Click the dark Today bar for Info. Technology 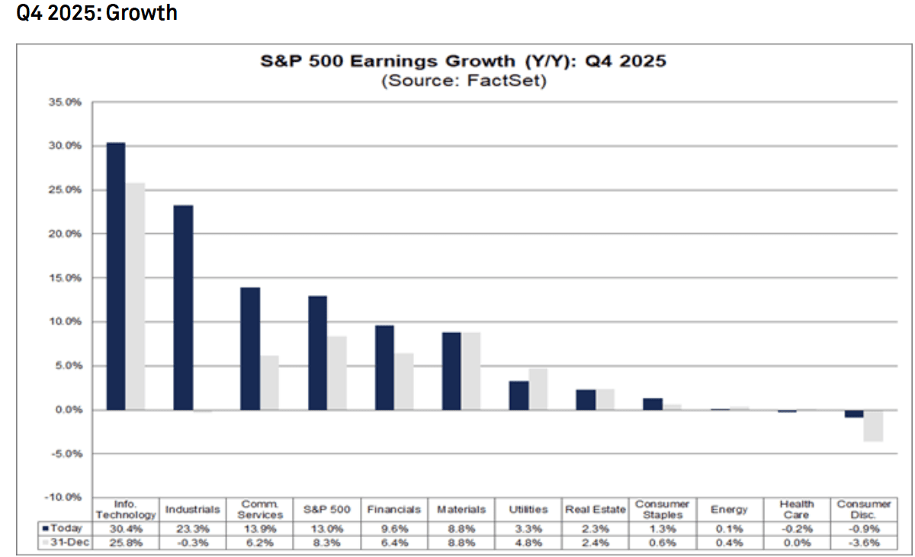click(116, 276)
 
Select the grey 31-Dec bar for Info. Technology click(135, 296)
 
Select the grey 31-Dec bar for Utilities click(538, 389)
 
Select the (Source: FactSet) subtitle click(464, 81)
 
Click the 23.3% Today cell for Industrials click(193, 527)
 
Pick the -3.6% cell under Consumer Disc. click(864, 543)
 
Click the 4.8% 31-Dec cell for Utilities click(528, 543)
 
